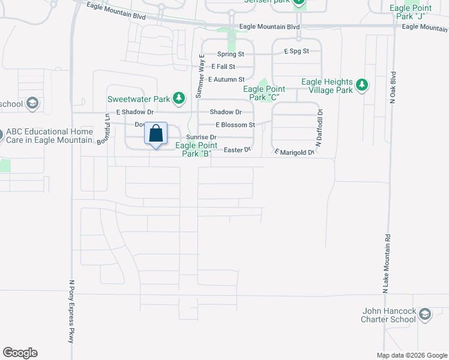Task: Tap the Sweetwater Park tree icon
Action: coord(178,97)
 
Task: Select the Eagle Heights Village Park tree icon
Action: coord(361,85)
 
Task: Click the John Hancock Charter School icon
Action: coord(425,315)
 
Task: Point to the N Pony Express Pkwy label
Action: coord(71,311)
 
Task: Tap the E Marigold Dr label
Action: coord(295,152)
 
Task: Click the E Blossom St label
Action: coord(236,125)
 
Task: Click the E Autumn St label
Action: coord(226,79)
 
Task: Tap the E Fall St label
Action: coord(223,67)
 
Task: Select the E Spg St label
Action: coord(297,52)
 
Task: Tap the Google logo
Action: coord(20,353)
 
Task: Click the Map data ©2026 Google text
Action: coord(411,355)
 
